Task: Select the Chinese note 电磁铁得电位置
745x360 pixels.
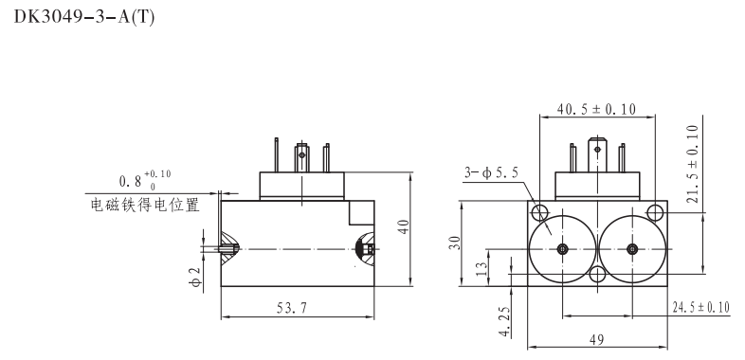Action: [x=144, y=204]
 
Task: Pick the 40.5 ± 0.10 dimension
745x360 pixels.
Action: [x=597, y=109]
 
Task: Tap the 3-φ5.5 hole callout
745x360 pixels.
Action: [x=491, y=172]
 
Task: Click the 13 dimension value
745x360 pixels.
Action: [x=481, y=268]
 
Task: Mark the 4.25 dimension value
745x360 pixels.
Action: [x=504, y=319]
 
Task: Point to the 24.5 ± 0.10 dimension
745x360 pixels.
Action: [x=701, y=308]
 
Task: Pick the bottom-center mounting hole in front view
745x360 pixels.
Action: [x=597, y=276]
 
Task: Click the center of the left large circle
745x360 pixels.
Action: [x=563, y=249]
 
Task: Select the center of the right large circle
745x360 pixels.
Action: [x=632, y=249]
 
